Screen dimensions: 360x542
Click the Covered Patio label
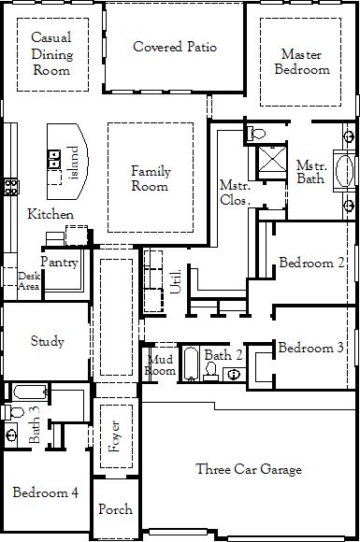point(175,47)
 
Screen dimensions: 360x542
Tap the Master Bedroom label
point(302,62)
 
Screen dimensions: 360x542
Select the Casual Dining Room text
point(52,53)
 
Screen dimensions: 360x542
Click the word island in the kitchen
point(74,162)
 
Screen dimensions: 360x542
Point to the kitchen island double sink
point(54,159)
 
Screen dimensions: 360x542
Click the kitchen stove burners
point(10,187)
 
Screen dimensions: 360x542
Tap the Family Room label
point(151,178)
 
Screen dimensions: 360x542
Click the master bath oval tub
point(345,171)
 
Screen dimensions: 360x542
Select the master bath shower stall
point(272,159)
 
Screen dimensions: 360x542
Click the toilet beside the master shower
point(256,133)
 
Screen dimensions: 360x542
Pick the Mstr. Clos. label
point(235,193)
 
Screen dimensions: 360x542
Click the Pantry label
point(60,263)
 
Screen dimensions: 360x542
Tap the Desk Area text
point(29,281)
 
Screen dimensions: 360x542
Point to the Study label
point(48,341)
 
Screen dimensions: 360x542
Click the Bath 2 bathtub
point(191,364)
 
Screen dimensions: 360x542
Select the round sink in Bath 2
point(235,375)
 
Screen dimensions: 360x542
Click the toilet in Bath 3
point(13,412)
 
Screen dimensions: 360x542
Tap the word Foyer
point(114,436)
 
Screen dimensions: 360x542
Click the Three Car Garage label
point(249,469)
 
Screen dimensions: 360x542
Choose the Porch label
point(116,508)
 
